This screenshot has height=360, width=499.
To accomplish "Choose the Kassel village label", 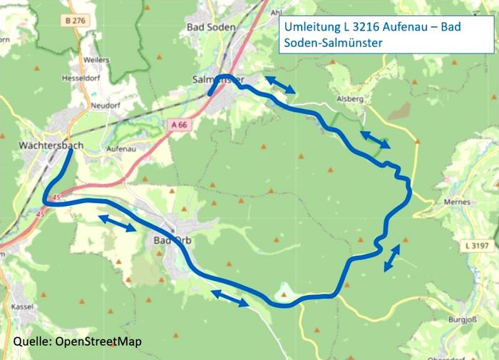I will point(24,306).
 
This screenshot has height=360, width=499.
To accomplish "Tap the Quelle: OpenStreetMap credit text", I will point(77,341).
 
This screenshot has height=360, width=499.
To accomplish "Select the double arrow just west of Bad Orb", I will point(118,223).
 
